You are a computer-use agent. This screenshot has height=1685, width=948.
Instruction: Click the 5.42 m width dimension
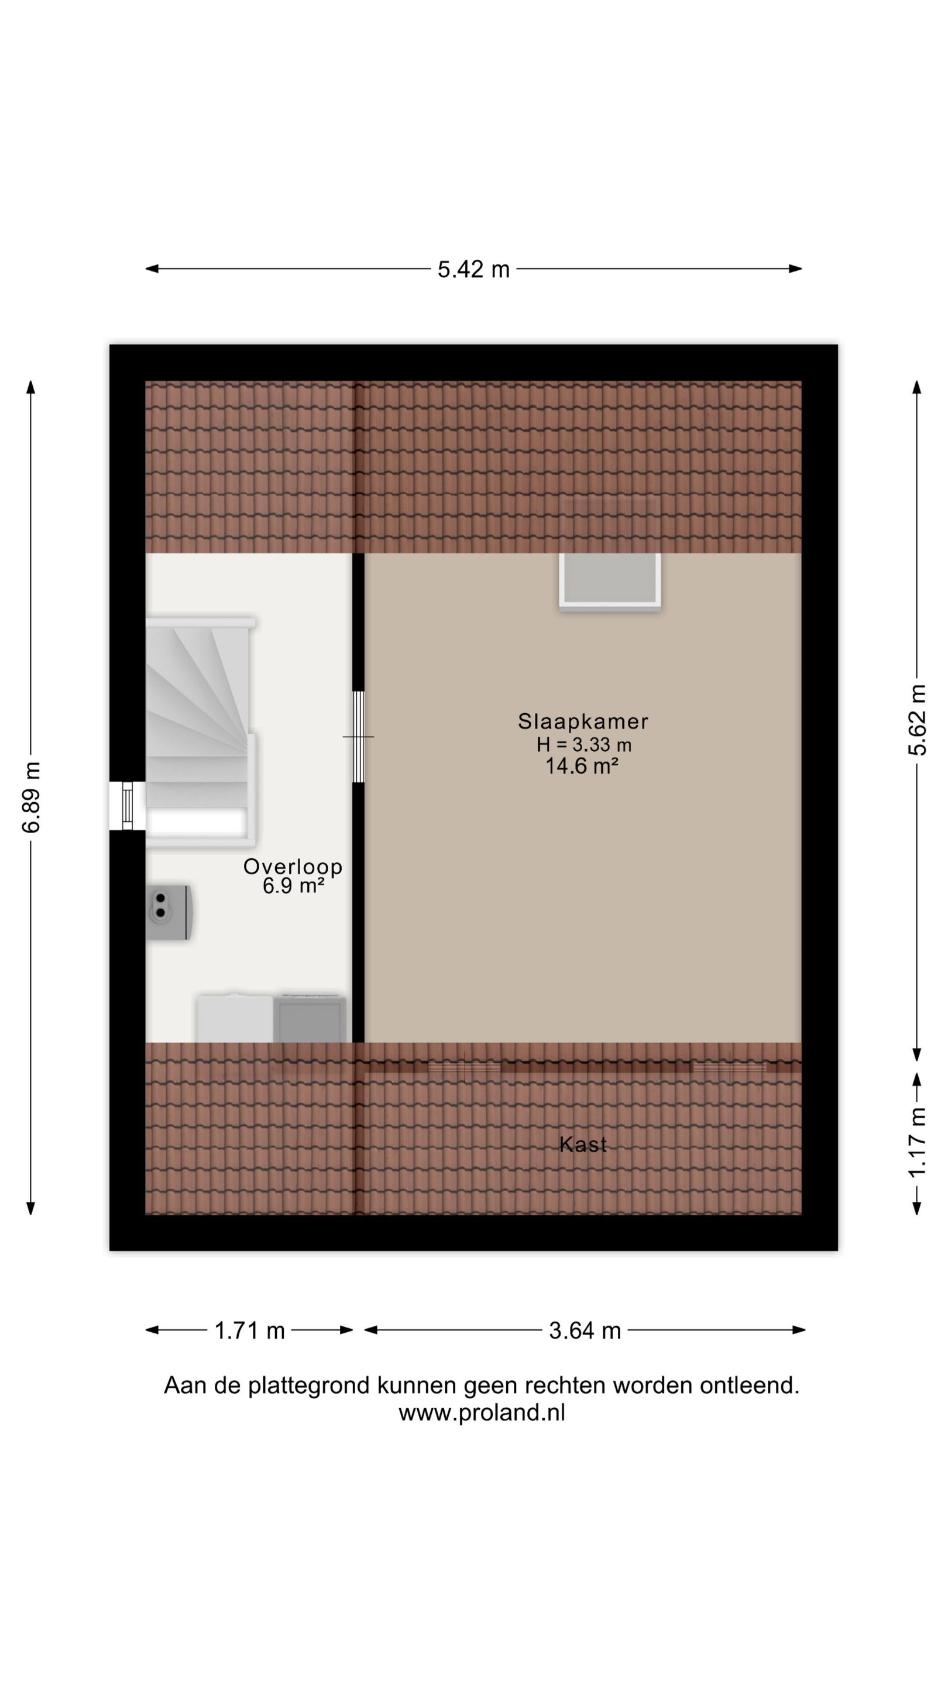[473, 269]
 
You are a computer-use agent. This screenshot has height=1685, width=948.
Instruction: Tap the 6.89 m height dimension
[31, 797]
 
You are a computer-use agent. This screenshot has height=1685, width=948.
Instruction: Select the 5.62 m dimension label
[916, 720]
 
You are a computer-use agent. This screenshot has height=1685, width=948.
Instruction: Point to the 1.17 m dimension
[916, 1142]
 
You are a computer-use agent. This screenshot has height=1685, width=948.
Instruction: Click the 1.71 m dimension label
[249, 1330]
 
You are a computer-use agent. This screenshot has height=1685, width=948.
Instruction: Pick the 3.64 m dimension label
[584, 1330]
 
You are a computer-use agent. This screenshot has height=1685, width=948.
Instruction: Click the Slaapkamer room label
[583, 721]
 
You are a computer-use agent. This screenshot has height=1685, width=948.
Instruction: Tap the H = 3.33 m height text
[583, 744]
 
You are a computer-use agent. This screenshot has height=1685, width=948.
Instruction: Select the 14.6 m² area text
[582, 766]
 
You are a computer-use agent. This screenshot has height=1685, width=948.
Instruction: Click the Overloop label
[293, 866]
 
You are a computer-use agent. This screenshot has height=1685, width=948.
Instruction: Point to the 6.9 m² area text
[294, 886]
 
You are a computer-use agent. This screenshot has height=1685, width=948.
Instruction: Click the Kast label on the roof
[583, 1144]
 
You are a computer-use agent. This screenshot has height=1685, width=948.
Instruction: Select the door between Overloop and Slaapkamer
[359, 737]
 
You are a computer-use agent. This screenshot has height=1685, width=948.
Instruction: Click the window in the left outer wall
[128, 806]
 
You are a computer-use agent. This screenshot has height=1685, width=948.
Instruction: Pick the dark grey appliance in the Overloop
[310, 1019]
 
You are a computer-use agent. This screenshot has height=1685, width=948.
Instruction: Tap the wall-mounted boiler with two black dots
[168, 913]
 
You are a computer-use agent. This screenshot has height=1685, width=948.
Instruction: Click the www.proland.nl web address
[482, 1414]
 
